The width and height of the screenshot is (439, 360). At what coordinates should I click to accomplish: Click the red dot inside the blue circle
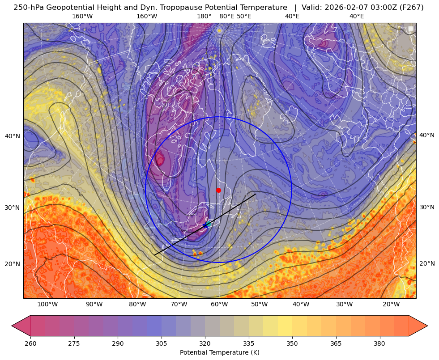click(218, 190)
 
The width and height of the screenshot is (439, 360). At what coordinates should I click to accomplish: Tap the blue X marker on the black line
click(205, 225)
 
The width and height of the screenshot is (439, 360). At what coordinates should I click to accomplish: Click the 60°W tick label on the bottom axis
click(219, 305)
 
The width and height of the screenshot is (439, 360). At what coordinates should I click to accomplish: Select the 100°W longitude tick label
click(47, 305)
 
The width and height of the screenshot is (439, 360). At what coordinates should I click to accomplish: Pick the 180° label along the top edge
click(204, 16)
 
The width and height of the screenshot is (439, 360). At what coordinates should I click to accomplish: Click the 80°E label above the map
click(226, 16)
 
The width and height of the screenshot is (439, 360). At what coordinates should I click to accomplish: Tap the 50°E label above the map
click(244, 16)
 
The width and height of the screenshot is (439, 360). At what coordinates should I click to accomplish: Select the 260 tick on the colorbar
click(30, 343)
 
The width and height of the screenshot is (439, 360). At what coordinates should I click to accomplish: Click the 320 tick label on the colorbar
click(205, 343)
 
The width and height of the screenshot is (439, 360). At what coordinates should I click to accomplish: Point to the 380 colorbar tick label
click(379, 343)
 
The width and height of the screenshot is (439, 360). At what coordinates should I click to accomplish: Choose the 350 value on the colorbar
click(292, 343)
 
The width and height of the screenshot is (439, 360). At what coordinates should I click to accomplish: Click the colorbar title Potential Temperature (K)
click(219, 352)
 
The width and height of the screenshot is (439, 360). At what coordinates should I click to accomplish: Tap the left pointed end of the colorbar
click(12, 326)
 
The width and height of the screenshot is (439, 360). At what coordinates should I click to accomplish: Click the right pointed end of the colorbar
click(427, 326)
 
